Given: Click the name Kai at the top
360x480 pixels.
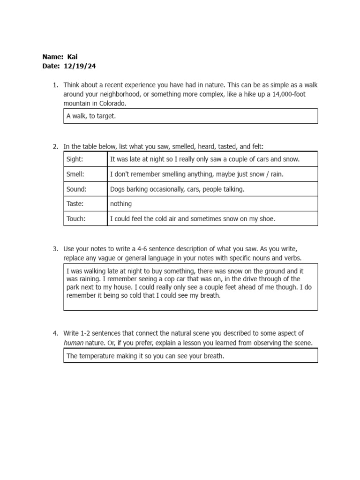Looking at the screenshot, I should [x=73, y=57].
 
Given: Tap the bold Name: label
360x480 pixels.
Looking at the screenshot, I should [x=52, y=57].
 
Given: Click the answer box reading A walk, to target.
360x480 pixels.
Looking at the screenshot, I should [x=190, y=116].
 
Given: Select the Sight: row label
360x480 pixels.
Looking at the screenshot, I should [x=75, y=159].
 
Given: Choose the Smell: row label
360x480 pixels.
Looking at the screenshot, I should [x=75, y=174].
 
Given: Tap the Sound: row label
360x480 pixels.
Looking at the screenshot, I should [x=76, y=189].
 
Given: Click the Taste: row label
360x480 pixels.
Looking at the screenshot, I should [x=75, y=204].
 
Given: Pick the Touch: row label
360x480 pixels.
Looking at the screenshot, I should [x=76, y=218].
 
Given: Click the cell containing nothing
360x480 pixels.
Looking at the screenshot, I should [x=121, y=204].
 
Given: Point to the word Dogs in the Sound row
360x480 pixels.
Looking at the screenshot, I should [x=117, y=189].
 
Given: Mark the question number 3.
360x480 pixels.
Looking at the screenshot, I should [x=55, y=248].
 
